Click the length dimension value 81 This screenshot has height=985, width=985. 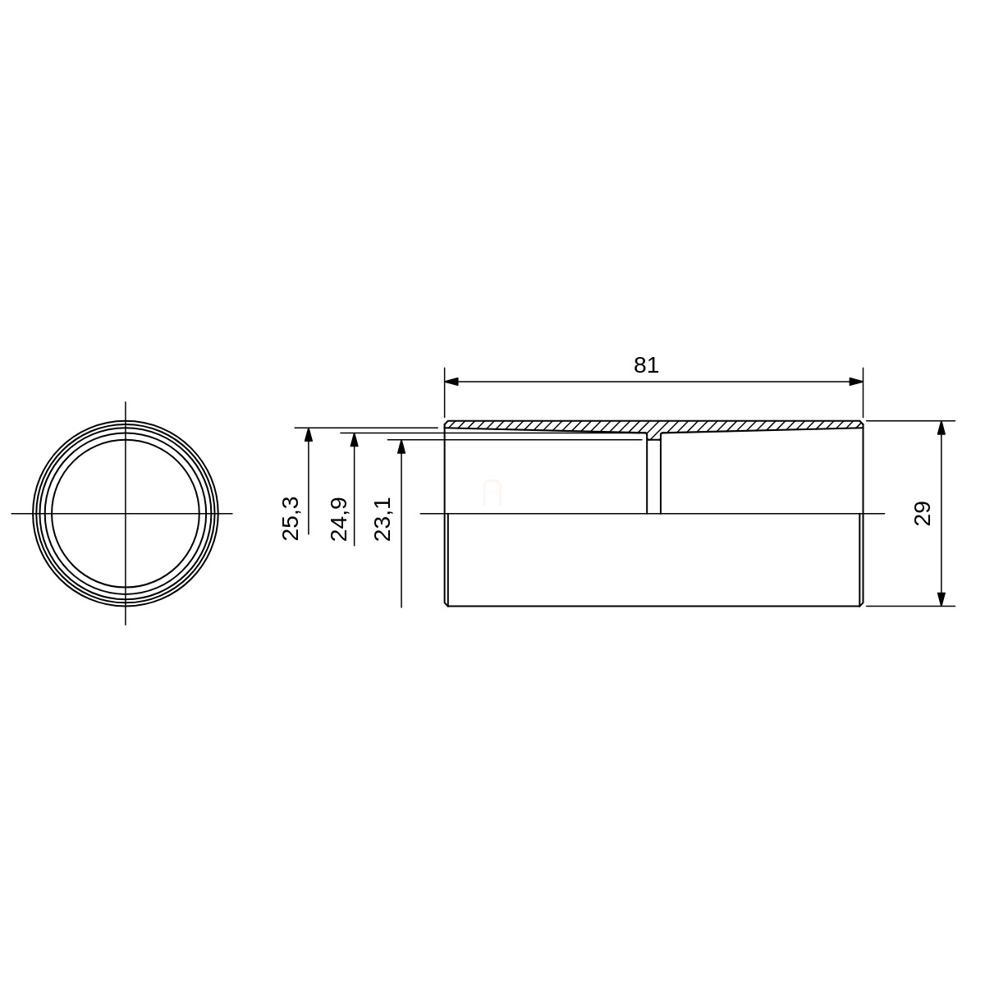(646, 365)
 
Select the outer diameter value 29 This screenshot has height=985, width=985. (923, 514)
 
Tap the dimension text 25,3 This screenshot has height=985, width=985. (291, 518)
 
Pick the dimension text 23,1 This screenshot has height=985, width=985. (383, 519)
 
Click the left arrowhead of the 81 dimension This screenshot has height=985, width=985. (451, 382)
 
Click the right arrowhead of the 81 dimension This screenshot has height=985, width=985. (855, 382)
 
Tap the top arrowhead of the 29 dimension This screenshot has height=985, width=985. (941, 428)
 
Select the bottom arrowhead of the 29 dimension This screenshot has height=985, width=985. (941, 599)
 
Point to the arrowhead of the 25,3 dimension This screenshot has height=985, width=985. (309, 434)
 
